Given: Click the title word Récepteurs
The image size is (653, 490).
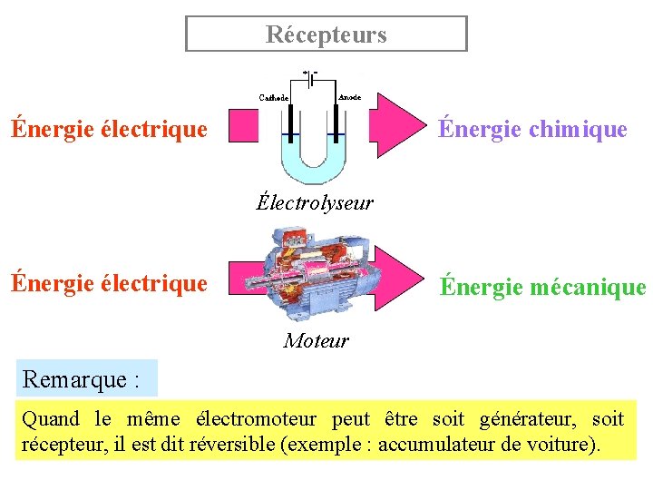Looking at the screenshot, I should pyautogui.click(x=326, y=34).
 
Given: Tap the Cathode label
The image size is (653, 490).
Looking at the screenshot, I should pyautogui.click(x=274, y=97).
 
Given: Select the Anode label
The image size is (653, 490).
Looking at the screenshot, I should pyautogui.click(x=349, y=96).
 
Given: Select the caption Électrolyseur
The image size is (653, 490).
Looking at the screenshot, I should pyautogui.click(x=315, y=202).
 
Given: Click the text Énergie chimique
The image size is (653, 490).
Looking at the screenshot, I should pyautogui.click(x=532, y=130).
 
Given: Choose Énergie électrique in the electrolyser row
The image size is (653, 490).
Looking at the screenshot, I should pyautogui.click(x=109, y=129).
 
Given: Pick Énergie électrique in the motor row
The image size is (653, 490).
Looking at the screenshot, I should pyautogui.click(x=109, y=283).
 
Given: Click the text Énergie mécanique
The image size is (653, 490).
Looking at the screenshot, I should pyautogui.click(x=542, y=288).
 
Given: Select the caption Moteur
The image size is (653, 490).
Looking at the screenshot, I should pyautogui.click(x=316, y=341).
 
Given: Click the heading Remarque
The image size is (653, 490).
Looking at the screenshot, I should pyautogui.click(x=81, y=378).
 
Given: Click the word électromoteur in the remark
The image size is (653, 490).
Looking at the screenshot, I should pyautogui.click(x=249, y=419).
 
